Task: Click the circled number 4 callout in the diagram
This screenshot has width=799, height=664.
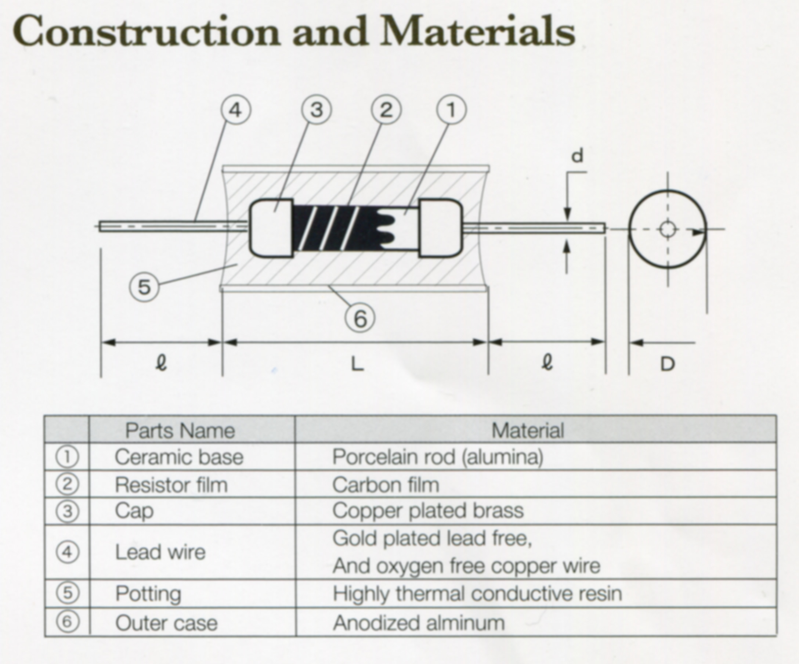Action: pos(235,110)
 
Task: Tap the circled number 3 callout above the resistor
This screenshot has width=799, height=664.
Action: pos(317,110)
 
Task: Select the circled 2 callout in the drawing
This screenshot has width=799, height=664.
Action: pos(386,110)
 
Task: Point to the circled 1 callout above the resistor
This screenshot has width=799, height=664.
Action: pos(451,110)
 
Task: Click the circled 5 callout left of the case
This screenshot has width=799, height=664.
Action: pos(144,287)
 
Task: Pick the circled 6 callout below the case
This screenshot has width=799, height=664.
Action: pos(360,318)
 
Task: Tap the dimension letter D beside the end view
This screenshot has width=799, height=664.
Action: pos(667,365)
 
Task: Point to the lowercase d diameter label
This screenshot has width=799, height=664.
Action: pos(578,156)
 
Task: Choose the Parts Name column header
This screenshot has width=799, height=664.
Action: pos(180,431)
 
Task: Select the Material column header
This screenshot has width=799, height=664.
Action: pos(528,431)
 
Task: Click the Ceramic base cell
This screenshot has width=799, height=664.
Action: pos(179,457)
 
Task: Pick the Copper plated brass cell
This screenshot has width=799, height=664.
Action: pos(428,510)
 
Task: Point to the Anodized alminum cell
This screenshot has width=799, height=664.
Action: pos(419,623)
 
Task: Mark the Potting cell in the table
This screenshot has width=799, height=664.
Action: pos(148,593)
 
